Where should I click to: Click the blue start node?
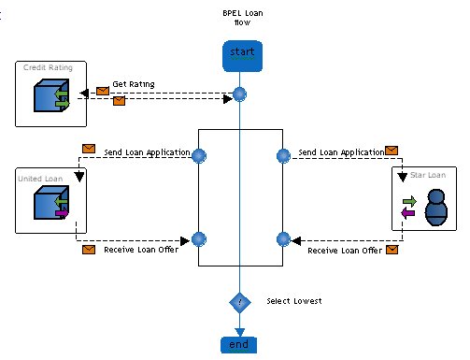click(242, 56)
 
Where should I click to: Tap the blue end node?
click(238, 345)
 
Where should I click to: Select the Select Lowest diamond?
click(240, 302)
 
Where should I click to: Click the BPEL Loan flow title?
click(243, 18)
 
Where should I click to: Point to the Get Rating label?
click(134, 84)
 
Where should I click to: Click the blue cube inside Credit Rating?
click(51, 95)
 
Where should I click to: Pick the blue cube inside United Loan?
click(51, 203)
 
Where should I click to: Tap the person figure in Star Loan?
click(436, 208)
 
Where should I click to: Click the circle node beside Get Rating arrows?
click(239, 94)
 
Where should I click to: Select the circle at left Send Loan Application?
click(199, 155)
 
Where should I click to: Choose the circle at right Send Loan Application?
click(283, 156)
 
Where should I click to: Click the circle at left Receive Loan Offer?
click(199, 239)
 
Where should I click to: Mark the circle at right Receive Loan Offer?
click(283, 239)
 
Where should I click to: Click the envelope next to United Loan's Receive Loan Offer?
click(89, 250)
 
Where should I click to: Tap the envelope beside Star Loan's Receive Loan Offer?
click(392, 250)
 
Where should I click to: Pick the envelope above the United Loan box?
click(89, 149)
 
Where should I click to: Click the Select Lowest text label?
click(294, 301)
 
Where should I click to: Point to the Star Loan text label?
click(428, 175)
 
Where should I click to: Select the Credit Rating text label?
click(48, 67)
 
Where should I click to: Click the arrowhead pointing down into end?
click(239, 332)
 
